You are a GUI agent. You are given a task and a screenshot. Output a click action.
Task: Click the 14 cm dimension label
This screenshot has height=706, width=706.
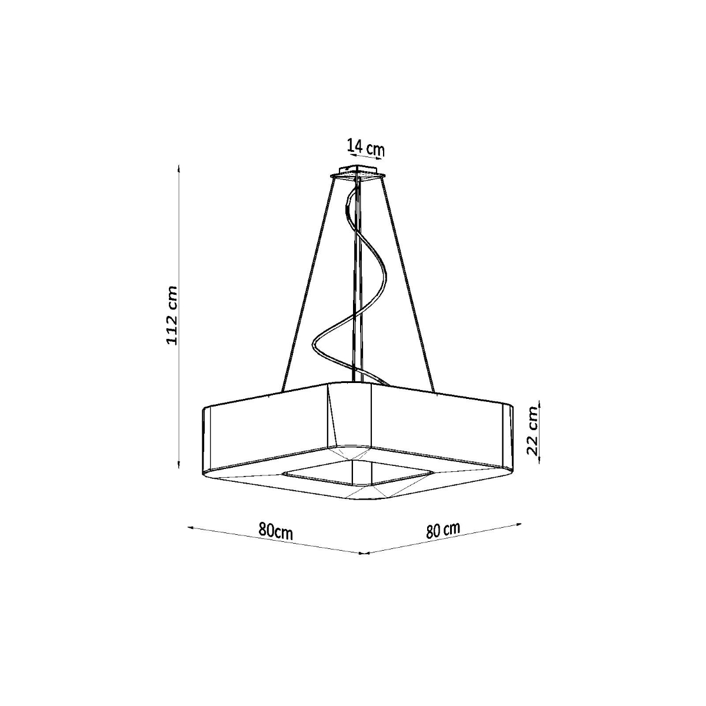pos(365,146)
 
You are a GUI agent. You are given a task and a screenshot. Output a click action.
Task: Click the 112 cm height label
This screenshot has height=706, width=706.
pos(172,316)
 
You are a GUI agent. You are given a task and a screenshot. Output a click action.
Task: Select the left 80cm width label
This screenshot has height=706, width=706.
pos(275,531)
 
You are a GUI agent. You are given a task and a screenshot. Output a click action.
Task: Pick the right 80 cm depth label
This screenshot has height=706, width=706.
pos(443,529)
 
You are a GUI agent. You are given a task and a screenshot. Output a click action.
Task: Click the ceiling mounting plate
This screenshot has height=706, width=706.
pos(358,175)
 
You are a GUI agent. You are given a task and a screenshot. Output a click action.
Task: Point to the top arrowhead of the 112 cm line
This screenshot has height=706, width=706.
pos(179,168)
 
